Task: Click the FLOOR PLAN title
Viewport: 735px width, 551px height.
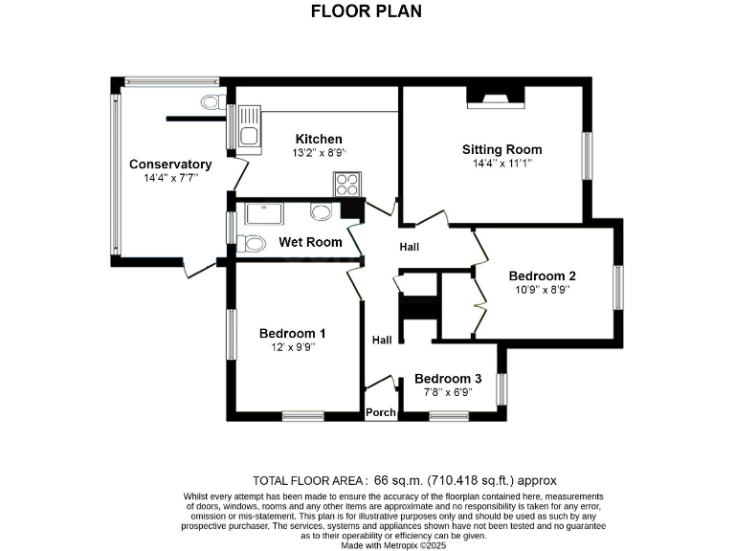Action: pos(367,11)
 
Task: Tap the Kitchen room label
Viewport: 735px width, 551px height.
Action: pos(319,139)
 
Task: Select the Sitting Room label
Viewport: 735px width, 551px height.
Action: pos(501,149)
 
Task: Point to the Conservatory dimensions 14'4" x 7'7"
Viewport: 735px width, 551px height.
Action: pos(170,178)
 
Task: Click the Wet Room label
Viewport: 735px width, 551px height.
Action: pos(310,242)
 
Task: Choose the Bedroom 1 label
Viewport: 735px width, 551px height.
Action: pos(293,333)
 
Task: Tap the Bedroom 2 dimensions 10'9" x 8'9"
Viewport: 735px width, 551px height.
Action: pos(542,289)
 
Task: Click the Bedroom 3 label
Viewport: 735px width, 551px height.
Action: pos(448,378)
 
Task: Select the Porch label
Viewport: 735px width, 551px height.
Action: pos(381,412)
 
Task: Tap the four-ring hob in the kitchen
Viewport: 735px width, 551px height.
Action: pos(345,184)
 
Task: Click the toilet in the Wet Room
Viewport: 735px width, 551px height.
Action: pos(253,243)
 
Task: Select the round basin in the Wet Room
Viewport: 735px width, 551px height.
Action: pos(321,212)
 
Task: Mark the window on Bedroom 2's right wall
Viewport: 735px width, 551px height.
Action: pos(618,288)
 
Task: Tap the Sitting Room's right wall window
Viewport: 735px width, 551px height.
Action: pos(588,155)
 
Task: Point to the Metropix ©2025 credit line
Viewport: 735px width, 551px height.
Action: pos(394,545)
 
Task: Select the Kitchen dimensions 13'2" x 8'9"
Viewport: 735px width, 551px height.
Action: pos(319,152)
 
